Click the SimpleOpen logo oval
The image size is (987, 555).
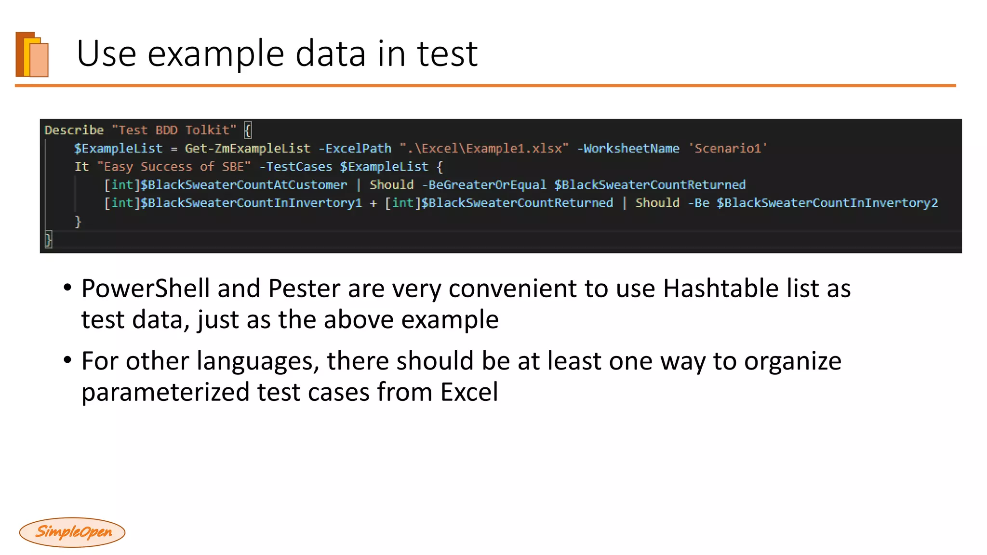72,532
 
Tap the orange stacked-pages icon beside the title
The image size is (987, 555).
32,54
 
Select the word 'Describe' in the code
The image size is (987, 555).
74,130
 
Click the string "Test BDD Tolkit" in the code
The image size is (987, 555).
174,130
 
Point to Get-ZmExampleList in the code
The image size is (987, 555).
248,148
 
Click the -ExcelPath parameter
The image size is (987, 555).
355,148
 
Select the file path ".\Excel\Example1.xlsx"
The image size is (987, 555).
484,148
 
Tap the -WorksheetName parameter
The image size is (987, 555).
628,148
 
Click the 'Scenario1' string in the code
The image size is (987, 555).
728,148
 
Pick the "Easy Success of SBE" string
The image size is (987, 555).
174,167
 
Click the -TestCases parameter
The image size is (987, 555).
295,167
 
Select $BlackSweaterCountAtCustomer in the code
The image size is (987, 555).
243,185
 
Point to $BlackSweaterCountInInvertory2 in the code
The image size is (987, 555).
827,203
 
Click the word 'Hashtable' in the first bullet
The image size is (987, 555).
720,289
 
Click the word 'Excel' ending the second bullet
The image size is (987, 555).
469,392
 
